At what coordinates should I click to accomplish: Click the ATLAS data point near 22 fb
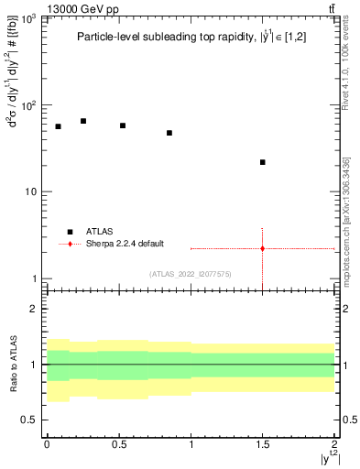point(263,162)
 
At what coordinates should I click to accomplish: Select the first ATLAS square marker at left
point(58,126)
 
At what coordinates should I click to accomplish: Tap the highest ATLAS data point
point(83,121)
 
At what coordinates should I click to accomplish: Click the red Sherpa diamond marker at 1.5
point(263,248)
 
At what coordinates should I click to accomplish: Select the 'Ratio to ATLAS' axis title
point(12,365)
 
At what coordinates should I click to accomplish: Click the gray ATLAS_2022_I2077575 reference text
point(191,273)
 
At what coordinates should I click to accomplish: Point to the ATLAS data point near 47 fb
point(169,133)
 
